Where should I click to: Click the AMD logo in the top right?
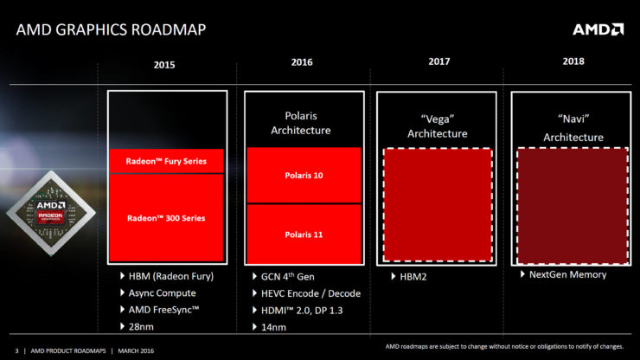[x=597, y=29]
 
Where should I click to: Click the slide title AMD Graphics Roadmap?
[x=111, y=31]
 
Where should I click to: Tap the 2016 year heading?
[x=302, y=62]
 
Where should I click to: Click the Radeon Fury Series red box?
[x=167, y=160]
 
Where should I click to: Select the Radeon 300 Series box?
[x=167, y=218]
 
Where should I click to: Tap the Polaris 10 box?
[x=303, y=175]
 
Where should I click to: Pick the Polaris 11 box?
[x=303, y=234]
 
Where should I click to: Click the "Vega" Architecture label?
[x=438, y=126]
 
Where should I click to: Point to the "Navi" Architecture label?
[x=573, y=130]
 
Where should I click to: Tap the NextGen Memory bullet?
[x=566, y=274]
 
